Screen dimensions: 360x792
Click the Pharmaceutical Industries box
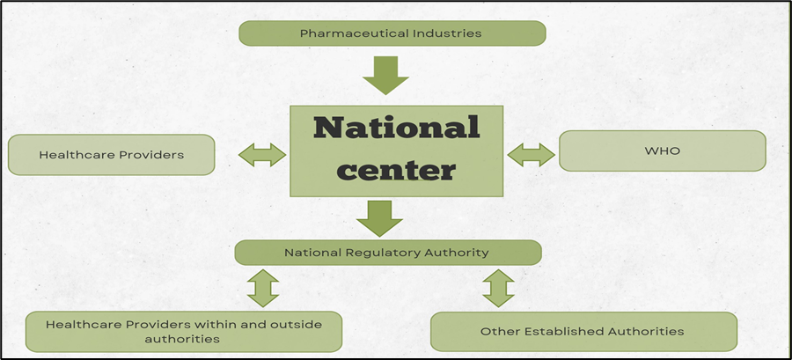click(x=392, y=33)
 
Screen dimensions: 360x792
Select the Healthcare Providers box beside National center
click(x=111, y=155)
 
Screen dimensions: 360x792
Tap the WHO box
click(x=662, y=151)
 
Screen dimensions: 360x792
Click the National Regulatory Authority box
click(x=387, y=253)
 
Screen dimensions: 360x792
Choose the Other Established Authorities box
click(x=583, y=332)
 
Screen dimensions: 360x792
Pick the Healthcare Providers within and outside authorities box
click(x=183, y=331)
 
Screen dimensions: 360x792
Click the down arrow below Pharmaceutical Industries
click(x=385, y=75)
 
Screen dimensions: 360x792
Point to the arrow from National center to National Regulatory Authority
click(x=379, y=217)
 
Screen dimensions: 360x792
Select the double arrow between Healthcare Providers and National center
click(x=262, y=155)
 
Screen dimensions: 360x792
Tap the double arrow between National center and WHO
click(x=531, y=155)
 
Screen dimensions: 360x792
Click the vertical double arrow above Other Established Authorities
click(x=498, y=288)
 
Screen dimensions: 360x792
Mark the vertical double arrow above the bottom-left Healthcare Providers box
click(x=262, y=288)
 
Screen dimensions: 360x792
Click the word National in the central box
click(x=397, y=128)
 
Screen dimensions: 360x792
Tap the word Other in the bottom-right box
click(x=498, y=332)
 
